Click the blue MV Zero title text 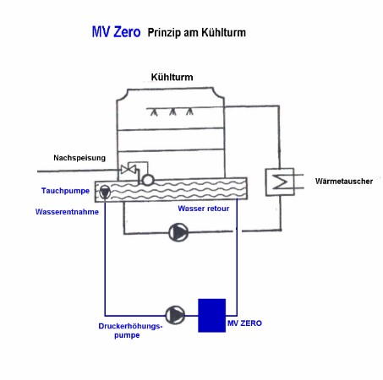tap(116, 32)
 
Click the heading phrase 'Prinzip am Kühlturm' tap(197, 33)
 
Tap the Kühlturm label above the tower tap(172, 77)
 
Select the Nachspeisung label tap(79, 158)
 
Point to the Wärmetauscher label tap(344, 181)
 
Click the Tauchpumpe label tap(65, 191)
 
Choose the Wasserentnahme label tap(67, 212)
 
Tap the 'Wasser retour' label tap(204, 209)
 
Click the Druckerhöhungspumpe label tap(130, 330)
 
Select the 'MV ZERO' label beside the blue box tap(244, 323)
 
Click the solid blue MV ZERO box tap(212, 315)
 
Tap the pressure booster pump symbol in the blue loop tap(175, 315)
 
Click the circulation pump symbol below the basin tap(178, 232)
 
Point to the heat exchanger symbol tap(280, 182)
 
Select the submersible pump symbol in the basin tap(105, 192)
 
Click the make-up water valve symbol tap(129, 170)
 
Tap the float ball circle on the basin tap(148, 180)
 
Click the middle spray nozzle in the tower tap(172, 112)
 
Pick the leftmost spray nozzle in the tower tap(154, 112)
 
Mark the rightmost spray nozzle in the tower tap(189, 111)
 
